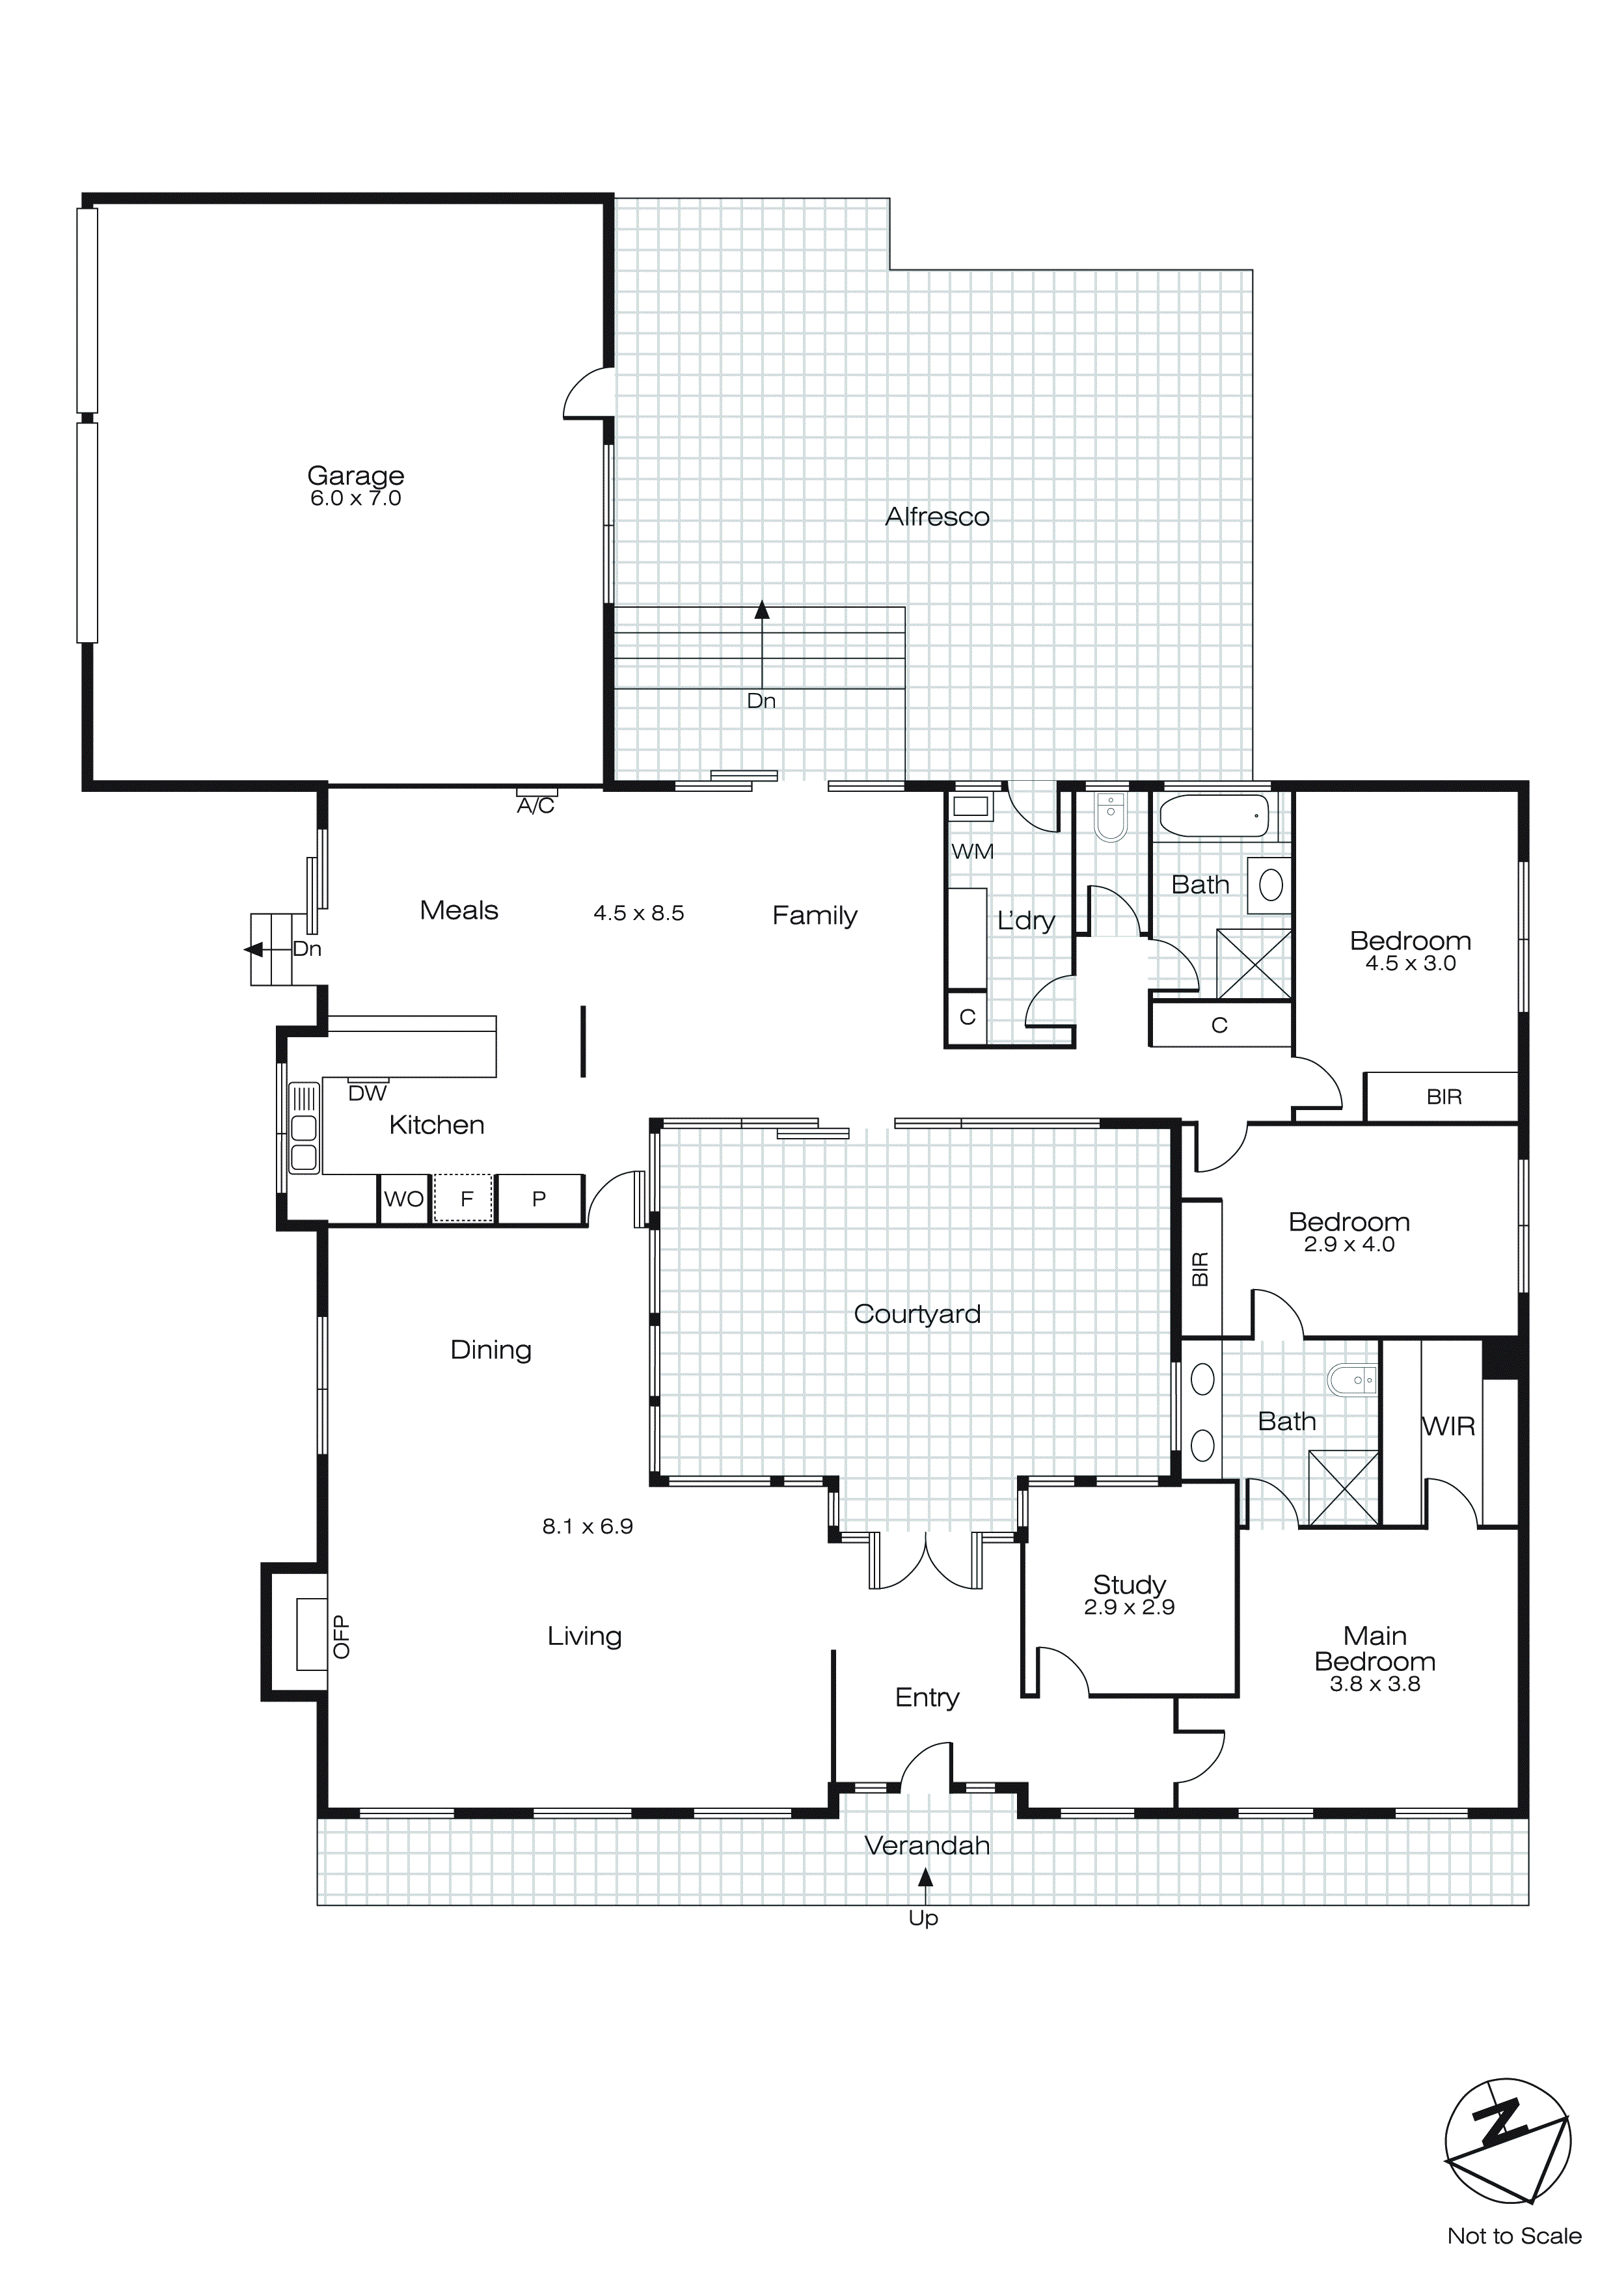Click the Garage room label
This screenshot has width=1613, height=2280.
(x=355, y=476)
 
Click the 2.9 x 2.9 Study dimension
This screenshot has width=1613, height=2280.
(x=1130, y=1608)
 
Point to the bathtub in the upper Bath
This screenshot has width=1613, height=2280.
(x=1213, y=816)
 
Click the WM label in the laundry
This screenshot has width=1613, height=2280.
(x=971, y=852)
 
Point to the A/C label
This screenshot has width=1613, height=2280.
(x=535, y=806)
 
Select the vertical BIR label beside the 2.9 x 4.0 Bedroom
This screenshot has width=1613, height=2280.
(x=1200, y=1269)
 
